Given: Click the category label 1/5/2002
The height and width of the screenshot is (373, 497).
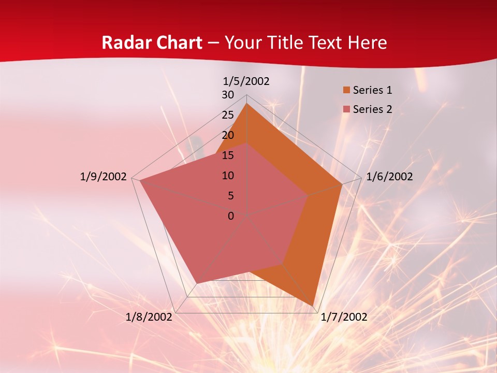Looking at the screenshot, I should coord(246,81).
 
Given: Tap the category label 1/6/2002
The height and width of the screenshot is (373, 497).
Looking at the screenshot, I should coord(389,177).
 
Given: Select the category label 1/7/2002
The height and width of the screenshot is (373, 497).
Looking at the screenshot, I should coord(344,317).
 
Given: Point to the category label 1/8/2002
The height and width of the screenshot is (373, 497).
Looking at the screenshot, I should coord(149,317).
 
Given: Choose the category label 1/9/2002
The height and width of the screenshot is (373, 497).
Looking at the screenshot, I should coord(104,177).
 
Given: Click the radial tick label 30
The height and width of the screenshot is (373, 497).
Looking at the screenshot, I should coord(228,95).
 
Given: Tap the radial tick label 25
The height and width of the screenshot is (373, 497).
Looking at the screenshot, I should coord(228,115).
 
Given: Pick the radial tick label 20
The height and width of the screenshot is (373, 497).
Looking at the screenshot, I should coord(228,135).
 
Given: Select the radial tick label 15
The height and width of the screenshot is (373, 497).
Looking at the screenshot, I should coord(228,155).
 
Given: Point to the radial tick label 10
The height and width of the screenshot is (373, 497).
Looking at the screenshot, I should coord(228,176).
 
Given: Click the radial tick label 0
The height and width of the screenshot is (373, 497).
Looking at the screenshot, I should coord(231,216).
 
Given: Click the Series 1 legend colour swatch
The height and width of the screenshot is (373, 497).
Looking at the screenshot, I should coord(346,90).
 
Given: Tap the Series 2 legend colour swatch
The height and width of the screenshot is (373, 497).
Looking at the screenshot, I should coord(346,109).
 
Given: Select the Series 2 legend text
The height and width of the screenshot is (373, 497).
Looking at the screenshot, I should coord(372,109).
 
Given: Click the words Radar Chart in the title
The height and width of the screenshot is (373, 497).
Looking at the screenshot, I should coord(152,42).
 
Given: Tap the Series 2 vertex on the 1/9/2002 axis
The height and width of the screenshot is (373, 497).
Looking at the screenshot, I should coord(140,180).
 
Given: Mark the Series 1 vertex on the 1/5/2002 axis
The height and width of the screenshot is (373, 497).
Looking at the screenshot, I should coord(247,104).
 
